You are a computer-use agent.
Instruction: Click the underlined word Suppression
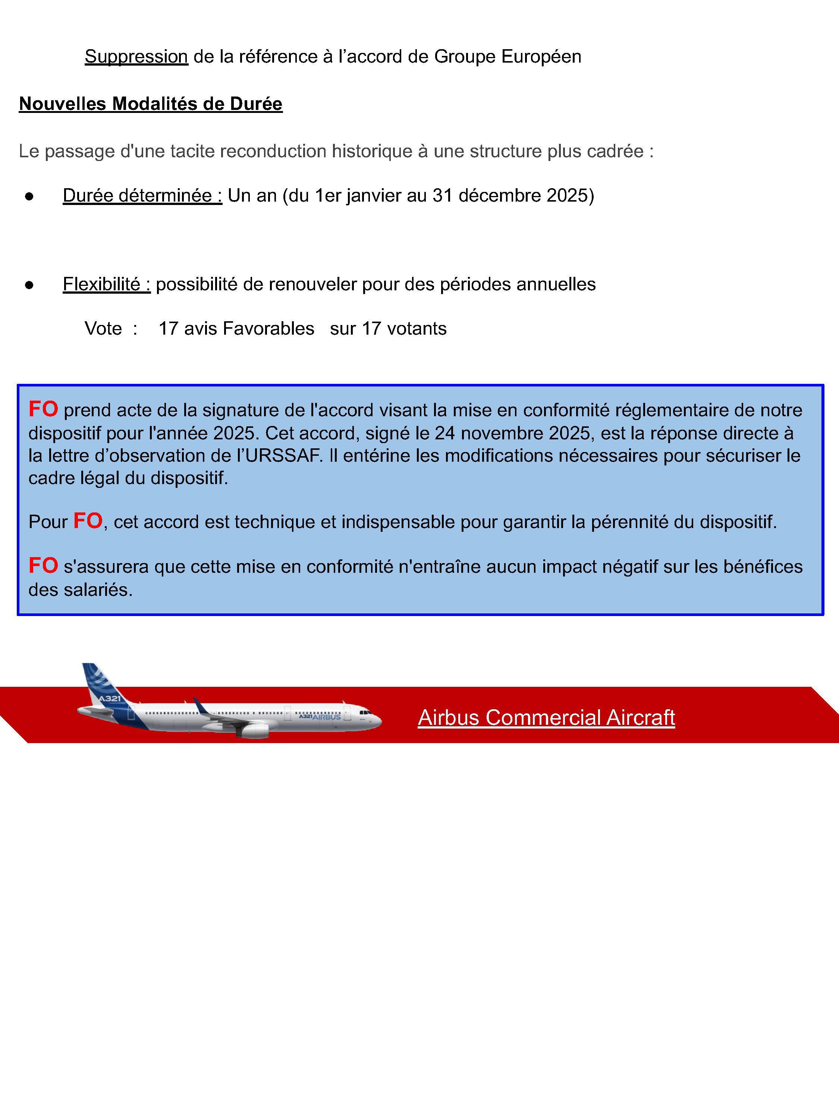pos(136,57)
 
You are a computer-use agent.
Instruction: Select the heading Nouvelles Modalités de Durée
pos(151,104)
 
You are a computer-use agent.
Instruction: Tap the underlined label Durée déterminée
pos(142,196)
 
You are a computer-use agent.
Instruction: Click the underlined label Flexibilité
pos(106,285)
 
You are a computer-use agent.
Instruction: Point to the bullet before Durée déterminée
pos(29,197)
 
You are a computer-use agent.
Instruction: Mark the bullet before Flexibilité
pos(29,285)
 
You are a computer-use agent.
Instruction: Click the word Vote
pos(103,329)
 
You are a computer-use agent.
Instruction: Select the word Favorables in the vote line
pos(268,329)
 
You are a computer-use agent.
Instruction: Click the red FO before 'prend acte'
pos(43,410)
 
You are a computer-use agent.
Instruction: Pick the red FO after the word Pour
pos(88,521)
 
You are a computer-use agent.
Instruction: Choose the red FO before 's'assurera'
pos(43,566)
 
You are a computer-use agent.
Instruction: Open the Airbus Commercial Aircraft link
pos(546,718)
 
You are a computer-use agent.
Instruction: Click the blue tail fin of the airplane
pos(101,685)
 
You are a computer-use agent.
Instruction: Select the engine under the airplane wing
pos(255,730)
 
